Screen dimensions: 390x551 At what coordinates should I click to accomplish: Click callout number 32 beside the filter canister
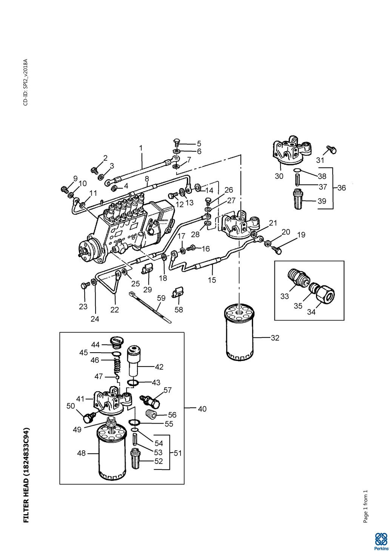pyautogui.click(x=275, y=338)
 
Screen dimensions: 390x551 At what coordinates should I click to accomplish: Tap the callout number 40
pyautogui.click(x=202, y=409)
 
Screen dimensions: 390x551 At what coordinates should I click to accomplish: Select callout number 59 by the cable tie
pyautogui.click(x=161, y=298)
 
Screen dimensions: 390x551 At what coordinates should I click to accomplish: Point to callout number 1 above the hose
pyautogui.click(x=141, y=148)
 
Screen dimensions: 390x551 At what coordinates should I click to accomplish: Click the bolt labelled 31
pyautogui.click(x=331, y=149)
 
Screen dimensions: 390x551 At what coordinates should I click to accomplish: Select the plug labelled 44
pyautogui.click(x=116, y=343)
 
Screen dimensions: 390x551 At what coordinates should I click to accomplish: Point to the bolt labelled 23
pyautogui.click(x=84, y=286)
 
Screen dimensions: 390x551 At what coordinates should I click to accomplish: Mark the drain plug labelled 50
pyautogui.click(x=88, y=417)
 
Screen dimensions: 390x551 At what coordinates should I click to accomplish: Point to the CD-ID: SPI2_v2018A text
pyautogui.click(x=26, y=82)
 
